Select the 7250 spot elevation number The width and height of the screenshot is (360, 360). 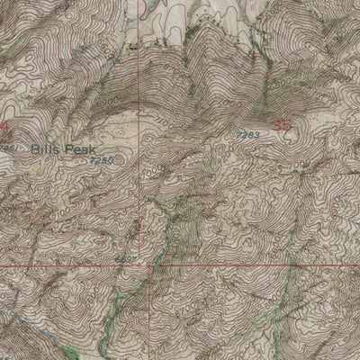101,158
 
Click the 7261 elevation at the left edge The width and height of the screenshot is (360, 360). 7,146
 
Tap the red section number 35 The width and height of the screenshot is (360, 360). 281,122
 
